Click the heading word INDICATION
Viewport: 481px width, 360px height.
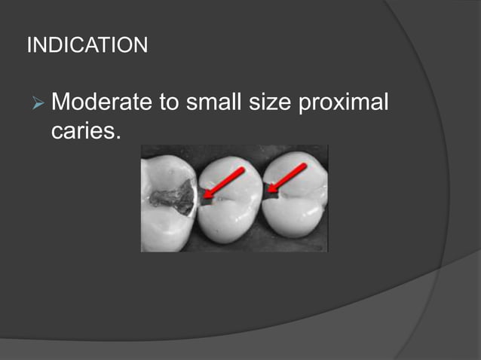tap(87, 45)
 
